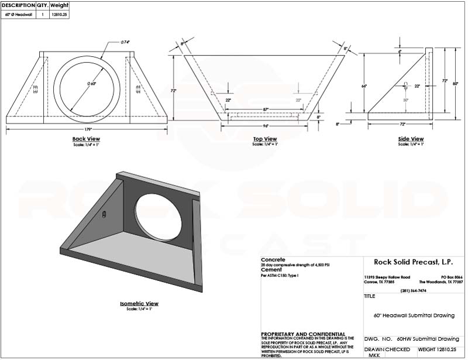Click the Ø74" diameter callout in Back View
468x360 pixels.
(x=125, y=42)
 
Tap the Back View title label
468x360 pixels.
(x=88, y=139)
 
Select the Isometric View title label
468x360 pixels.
(x=139, y=304)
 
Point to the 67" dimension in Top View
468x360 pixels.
(x=265, y=109)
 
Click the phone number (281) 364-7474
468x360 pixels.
(x=413, y=290)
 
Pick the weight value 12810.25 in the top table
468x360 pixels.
(x=60, y=14)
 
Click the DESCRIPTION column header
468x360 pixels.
(x=18, y=5)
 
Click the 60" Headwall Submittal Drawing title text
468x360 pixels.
(x=414, y=315)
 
